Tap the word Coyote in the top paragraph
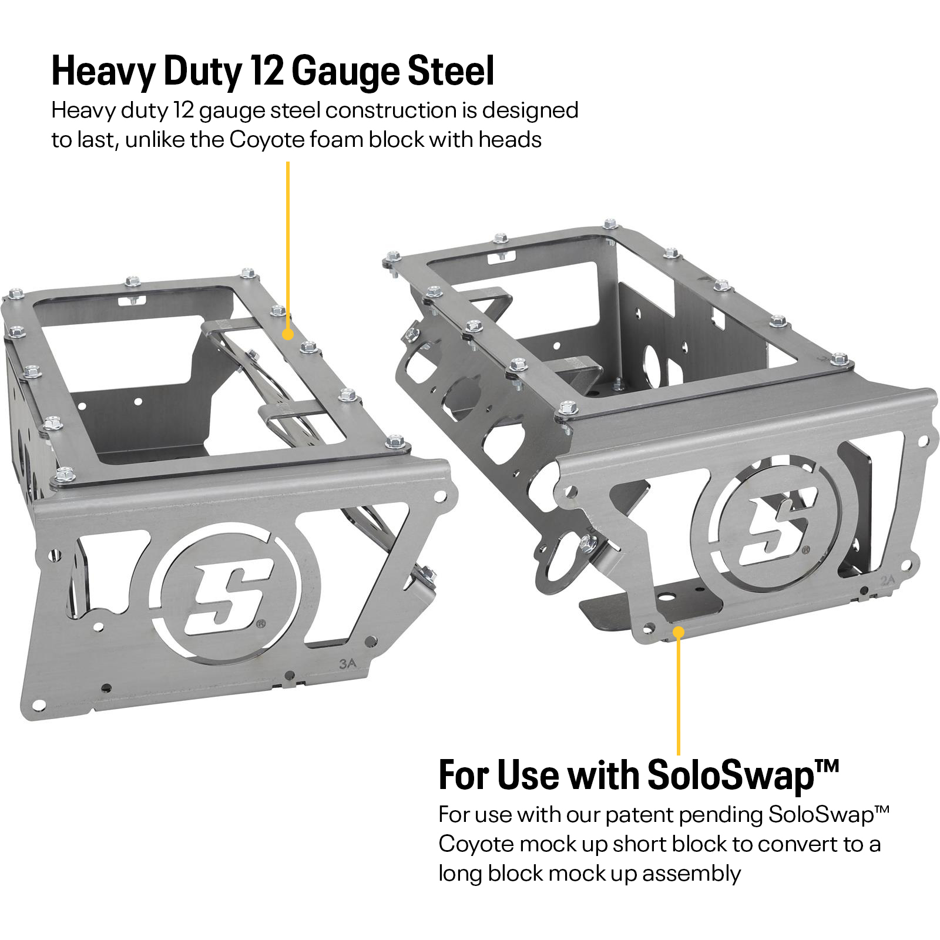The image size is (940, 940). pyautogui.click(x=267, y=140)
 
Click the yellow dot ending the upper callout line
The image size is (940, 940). pyautogui.click(x=287, y=334)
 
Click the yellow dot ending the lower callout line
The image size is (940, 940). pyautogui.click(x=679, y=632)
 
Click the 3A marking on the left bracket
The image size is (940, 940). pyautogui.click(x=347, y=664)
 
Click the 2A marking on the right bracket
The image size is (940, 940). pyautogui.click(x=887, y=581)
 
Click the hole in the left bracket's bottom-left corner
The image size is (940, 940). pyautogui.click(x=39, y=704)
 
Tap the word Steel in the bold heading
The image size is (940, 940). pyautogui.click(x=451, y=72)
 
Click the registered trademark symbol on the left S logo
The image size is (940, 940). pyautogui.click(x=261, y=623)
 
